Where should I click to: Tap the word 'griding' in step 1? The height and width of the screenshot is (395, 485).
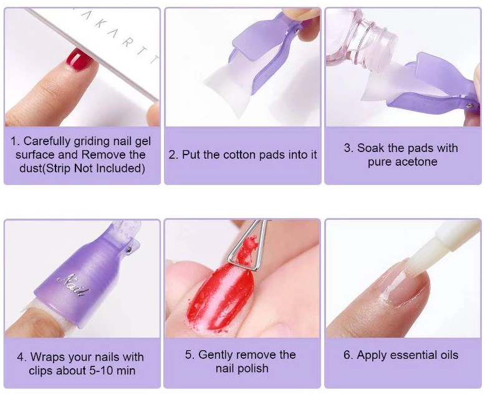pyautogui.click(x=92, y=141)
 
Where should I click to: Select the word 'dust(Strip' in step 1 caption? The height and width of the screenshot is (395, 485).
pyautogui.click(x=45, y=168)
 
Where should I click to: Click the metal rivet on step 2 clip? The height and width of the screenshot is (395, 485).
pyautogui.click(x=297, y=31)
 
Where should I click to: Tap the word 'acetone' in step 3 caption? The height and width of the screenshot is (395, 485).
pyautogui.click(x=418, y=162)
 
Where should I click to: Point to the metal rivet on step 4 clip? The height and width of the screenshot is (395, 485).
pyautogui.click(x=130, y=249)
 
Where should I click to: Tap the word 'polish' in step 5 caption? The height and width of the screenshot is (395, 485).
pyautogui.click(x=253, y=369)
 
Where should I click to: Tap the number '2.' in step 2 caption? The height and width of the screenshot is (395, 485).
pyautogui.click(x=173, y=155)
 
